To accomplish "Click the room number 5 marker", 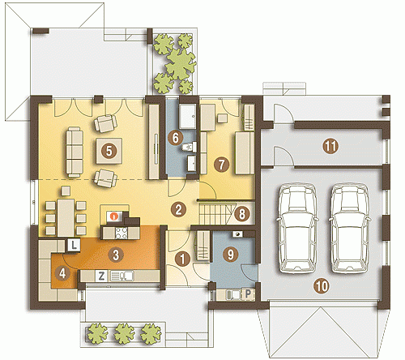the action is coord(109,151).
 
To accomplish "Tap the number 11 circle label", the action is coord(330,146).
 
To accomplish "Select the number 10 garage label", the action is coord(322,286).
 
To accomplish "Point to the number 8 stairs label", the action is coord(242,214).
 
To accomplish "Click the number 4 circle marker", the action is coord(62,273).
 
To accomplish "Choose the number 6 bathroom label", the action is coord(176,138).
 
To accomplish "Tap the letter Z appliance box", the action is coord(101,276).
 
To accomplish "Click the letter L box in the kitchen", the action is coord(74,245).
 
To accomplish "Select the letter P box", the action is coord(248,294).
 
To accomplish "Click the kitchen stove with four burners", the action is coord(122,233).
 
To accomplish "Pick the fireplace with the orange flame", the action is coord(115,216).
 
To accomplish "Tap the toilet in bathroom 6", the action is coord(190,148).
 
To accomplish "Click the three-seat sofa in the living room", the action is coord(75,152).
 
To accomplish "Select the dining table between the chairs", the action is coord(66,217).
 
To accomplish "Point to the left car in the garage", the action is coord(296,229).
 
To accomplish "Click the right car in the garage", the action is coord(349,229).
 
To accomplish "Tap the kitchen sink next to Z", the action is coord(122,276).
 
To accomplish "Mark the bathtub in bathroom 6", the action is coord(188,117).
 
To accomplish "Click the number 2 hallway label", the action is coord(178,209).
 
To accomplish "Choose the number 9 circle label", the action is coord(231,255).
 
